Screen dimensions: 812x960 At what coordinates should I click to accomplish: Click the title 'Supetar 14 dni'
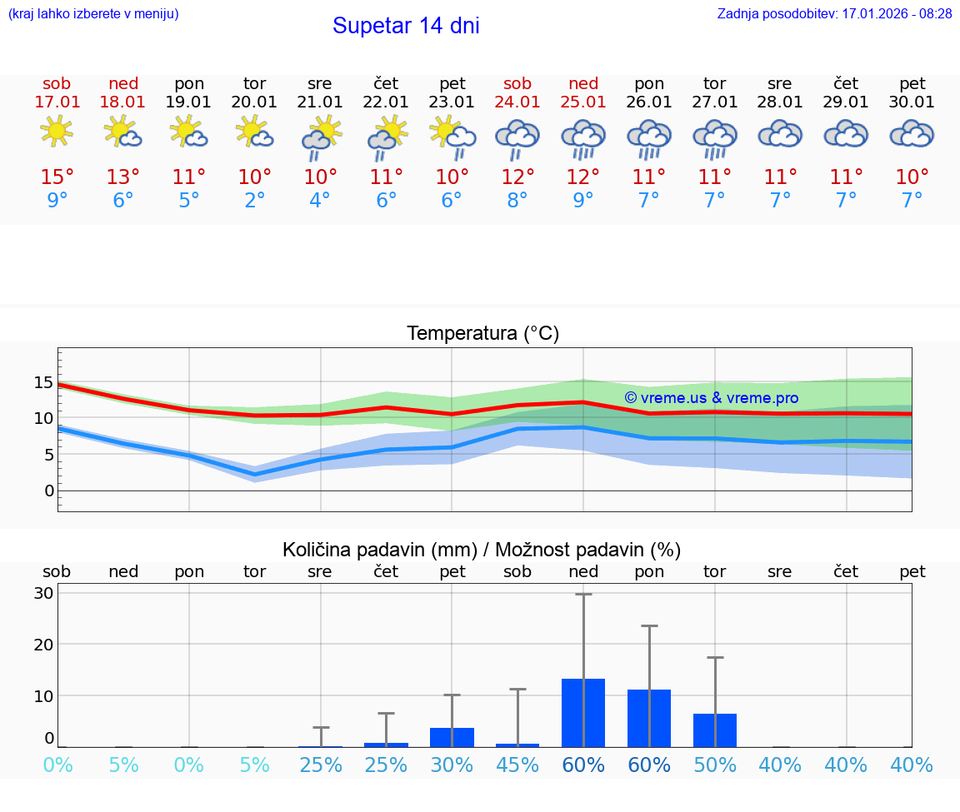click(x=406, y=26)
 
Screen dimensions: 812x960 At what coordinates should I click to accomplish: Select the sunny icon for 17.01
click(x=57, y=132)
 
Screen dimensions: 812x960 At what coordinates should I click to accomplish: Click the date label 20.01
click(x=254, y=102)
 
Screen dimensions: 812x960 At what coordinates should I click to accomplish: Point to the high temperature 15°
click(x=57, y=177)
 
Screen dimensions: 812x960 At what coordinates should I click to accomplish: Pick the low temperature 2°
click(x=254, y=200)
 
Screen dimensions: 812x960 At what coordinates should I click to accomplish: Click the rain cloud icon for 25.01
click(x=583, y=137)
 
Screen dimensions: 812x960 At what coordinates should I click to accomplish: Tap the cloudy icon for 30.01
click(x=912, y=133)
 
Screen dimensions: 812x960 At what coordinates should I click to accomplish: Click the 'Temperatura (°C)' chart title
click(x=482, y=334)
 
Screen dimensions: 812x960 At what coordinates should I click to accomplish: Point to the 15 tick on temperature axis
click(x=43, y=383)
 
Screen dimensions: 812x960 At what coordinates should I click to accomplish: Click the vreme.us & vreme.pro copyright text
click(x=711, y=398)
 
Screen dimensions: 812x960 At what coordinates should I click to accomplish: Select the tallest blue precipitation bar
click(x=583, y=713)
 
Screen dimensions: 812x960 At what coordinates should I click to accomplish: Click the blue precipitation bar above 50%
click(x=715, y=730)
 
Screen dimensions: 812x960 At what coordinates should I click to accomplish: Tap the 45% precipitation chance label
click(x=517, y=765)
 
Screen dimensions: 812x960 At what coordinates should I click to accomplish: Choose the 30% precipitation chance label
click(x=452, y=765)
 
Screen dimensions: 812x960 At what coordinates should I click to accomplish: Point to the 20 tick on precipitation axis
click(x=43, y=645)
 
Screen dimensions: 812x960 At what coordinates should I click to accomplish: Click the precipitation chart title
click(x=482, y=550)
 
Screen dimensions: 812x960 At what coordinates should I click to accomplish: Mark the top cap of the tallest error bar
click(x=583, y=595)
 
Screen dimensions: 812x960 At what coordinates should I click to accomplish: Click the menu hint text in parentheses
click(x=93, y=14)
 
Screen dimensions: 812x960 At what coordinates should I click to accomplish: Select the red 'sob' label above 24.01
click(x=517, y=84)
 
